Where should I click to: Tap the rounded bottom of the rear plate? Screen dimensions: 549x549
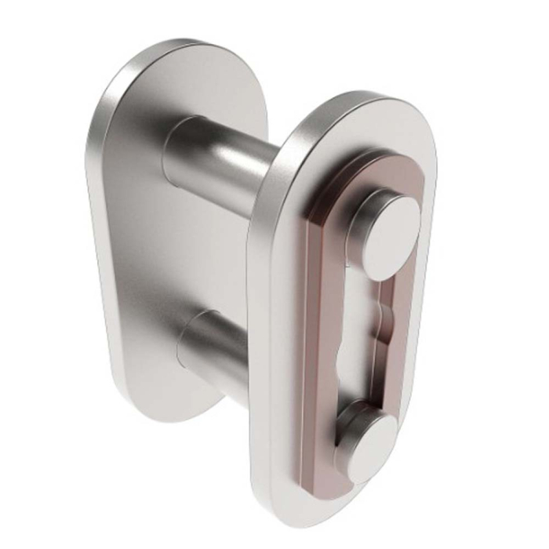[157, 412]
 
